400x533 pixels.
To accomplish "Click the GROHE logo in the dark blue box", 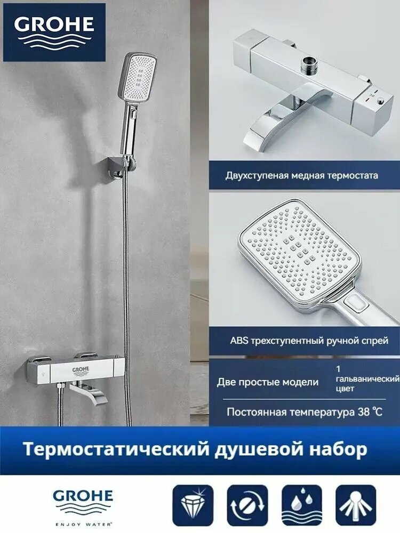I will [54, 32].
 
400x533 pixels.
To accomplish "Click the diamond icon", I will [193, 505].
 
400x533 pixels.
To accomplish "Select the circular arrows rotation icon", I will [247, 505].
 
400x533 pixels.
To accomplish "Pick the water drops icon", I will [302, 505].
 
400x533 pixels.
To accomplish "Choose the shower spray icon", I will [356, 505].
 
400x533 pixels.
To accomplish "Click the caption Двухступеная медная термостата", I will [302, 175].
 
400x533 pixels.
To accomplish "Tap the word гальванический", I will [368, 378].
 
